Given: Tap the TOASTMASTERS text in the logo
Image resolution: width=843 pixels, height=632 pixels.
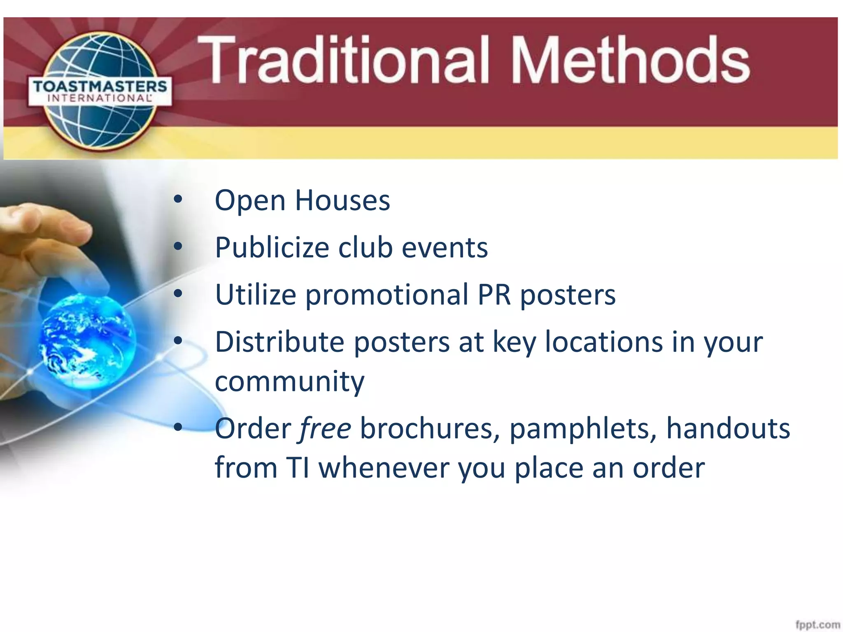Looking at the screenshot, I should (100, 86).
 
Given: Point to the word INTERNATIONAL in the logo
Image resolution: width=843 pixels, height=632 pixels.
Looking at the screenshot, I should (100, 98).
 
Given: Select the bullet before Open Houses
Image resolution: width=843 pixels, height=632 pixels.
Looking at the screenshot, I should (178, 200).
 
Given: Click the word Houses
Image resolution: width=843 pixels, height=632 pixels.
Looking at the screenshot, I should (342, 201).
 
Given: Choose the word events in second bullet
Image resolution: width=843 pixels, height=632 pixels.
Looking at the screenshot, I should (445, 248).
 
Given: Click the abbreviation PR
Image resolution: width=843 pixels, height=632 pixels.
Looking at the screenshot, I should (494, 295).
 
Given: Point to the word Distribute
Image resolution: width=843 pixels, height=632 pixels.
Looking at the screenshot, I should (279, 342).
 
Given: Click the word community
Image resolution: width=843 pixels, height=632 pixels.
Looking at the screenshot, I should (289, 382).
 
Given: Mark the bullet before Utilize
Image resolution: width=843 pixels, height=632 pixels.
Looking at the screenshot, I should (178, 294).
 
